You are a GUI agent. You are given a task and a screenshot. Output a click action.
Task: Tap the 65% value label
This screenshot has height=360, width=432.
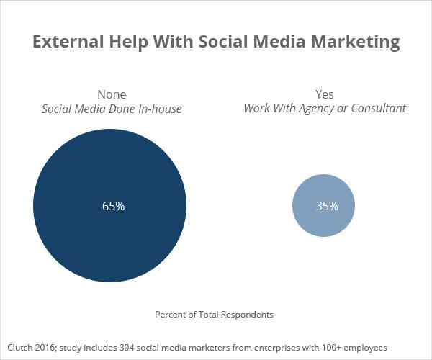(x=113, y=206)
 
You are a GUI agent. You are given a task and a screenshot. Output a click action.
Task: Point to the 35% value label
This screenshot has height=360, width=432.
(x=326, y=206)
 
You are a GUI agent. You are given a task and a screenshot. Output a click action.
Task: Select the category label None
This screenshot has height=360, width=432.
(x=112, y=94)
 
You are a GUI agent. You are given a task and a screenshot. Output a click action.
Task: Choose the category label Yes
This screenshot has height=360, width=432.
(x=325, y=94)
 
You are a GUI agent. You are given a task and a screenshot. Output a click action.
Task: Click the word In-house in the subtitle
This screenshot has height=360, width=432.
(x=158, y=109)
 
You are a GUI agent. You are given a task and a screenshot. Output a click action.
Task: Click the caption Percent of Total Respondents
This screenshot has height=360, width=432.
(x=215, y=315)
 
